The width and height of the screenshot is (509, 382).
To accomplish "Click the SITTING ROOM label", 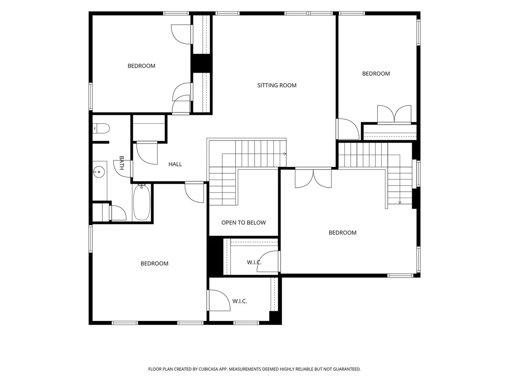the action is click(277, 86).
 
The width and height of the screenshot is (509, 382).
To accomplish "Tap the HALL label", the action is click(175, 165).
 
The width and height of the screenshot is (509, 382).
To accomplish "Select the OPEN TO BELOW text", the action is click(243, 223).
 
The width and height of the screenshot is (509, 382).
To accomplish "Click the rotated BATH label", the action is click(122, 163).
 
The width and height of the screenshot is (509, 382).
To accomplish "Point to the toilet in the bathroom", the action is click(101, 128).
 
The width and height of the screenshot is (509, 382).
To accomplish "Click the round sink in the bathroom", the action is click(99, 171).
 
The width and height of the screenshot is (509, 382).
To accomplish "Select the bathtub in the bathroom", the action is click(141, 202).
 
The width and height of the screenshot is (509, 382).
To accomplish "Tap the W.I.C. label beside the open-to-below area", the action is click(254, 262).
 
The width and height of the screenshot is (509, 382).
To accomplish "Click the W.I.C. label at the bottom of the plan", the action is click(239, 302).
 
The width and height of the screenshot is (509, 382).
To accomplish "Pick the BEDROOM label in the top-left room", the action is click(141, 66).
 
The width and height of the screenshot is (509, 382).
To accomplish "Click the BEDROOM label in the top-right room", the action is click(376, 74).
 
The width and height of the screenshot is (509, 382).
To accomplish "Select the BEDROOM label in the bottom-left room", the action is click(154, 263).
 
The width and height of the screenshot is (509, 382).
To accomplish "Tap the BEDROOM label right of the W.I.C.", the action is click(342, 233).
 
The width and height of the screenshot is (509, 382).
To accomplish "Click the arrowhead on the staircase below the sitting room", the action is click(285, 154).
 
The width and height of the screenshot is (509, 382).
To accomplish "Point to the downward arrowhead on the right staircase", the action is click(400, 202).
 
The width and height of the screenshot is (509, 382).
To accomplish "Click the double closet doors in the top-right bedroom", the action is click(395, 114).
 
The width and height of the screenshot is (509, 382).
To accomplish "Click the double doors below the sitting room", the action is click(313, 178).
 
